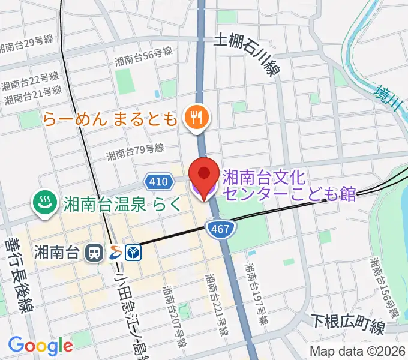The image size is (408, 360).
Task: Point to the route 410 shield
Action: [155, 180]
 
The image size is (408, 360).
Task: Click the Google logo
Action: [41, 346]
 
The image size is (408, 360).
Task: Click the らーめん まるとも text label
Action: [110, 118]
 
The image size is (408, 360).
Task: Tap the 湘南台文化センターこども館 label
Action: [288, 185]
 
